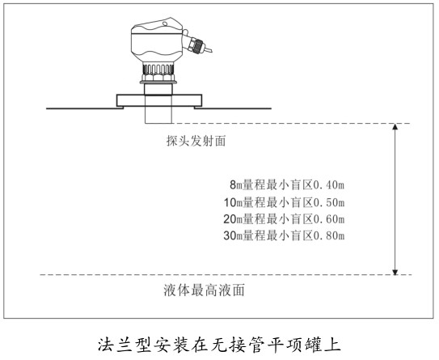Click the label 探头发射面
pyautogui.click(x=196, y=141)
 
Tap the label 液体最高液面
pyautogui.click(x=204, y=290)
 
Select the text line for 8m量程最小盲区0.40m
pyautogui.click(x=287, y=185)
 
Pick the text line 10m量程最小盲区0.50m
pyautogui.click(x=284, y=202)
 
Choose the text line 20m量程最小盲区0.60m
pyautogui.click(x=284, y=219)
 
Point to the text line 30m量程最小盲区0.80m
pyautogui.click(x=284, y=235)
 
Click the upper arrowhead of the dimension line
pyautogui.click(x=395, y=126)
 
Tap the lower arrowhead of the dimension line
pyautogui.click(x=395, y=272)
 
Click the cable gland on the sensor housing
pyautogui.click(x=196, y=44)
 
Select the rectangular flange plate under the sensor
pyautogui.click(x=159, y=100)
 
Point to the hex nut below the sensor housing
pyautogui.click(x=158, y=78)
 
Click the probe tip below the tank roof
pyautogui.click(x=158, y=116)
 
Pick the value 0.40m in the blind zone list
pyautogui.click(x=328, y=185)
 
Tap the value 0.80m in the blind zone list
pyautogui.click(x=328, y=235)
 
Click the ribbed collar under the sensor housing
pyautogui.click(x=158, y=69)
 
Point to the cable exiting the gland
pyautogui.click(x=208, y=49)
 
